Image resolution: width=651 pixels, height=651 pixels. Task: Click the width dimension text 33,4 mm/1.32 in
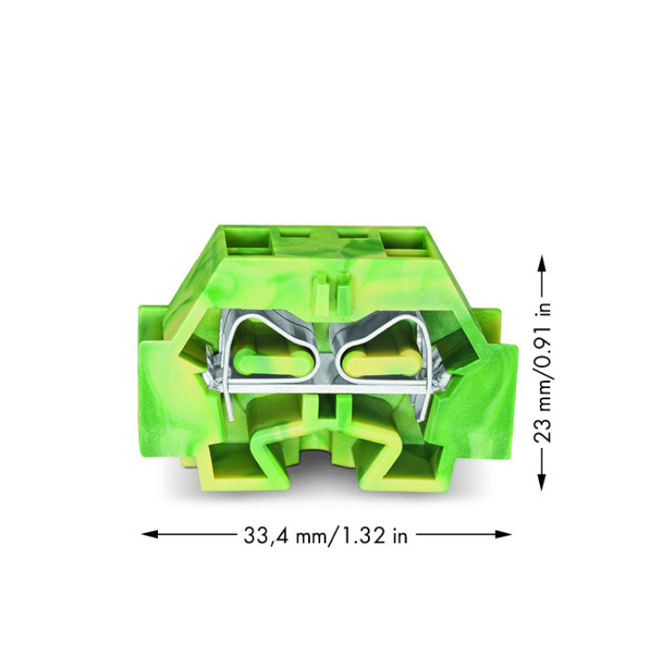325,536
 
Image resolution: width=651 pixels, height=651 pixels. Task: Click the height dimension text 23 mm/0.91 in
542,372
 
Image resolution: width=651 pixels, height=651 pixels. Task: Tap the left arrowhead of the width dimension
149,535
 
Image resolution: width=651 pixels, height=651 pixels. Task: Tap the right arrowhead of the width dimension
503,535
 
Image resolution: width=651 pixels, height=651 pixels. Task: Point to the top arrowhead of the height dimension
542,263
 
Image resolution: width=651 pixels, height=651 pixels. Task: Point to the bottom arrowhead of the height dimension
542,483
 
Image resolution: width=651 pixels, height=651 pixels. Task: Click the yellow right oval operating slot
381,362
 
